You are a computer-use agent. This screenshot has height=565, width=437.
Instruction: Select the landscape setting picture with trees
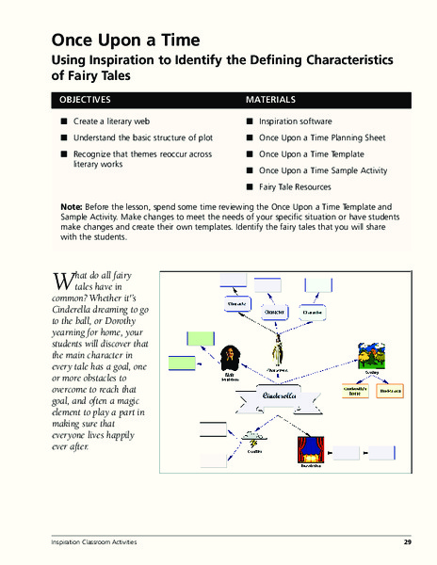coord(370,355)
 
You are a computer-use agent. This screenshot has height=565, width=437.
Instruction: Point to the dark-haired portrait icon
coord(229,358)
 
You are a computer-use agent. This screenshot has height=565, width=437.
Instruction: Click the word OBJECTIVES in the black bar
coord(86,100)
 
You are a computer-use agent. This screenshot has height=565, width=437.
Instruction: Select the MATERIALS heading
coord(271,100)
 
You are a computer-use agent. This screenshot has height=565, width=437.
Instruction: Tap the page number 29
coord(407,543)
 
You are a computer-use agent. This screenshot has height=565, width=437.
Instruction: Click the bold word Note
coord(71,205)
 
